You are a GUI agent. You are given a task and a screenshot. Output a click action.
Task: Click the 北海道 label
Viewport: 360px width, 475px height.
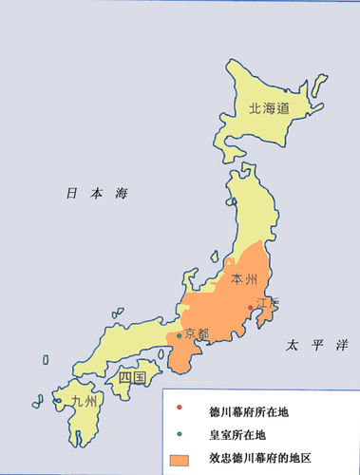coord(269,109)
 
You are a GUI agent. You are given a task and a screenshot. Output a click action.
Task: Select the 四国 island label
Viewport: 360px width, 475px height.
coord(131,378)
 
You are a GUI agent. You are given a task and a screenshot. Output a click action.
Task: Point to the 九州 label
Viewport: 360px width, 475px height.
coord(84,401)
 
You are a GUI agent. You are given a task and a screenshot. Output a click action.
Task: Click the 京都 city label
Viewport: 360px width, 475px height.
coord(197,333)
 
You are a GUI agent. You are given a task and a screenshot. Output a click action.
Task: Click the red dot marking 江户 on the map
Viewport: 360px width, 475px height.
coord(251,307)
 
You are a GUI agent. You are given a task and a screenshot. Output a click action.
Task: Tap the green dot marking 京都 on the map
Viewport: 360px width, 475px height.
coord(179,335)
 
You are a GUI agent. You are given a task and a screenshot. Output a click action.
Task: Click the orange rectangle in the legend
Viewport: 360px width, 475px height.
coord(179,459)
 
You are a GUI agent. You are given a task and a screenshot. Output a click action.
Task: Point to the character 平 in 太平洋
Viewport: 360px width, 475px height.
coord(315,348)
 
